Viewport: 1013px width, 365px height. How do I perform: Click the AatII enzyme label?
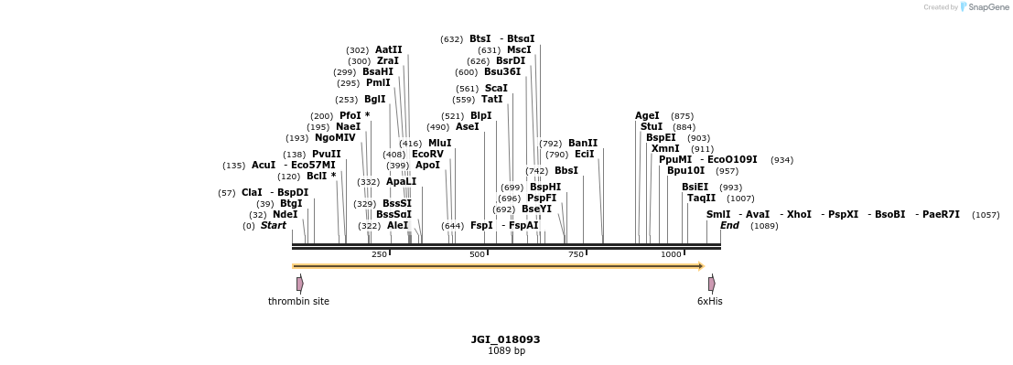[388, 50]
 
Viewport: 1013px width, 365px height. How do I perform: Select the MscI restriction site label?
[519, 50]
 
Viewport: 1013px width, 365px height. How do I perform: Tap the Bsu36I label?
[502, 72]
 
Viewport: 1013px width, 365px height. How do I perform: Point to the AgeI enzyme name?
[647, 116]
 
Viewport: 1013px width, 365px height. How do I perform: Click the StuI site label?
[652, 127]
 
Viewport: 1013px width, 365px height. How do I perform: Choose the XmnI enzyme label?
[665, 149]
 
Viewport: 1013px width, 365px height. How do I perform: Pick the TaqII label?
[701, 199]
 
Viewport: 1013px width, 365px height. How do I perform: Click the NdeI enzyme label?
[285, 215]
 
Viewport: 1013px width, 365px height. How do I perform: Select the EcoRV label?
[427, 155]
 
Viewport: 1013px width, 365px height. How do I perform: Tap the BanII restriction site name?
[583, 144]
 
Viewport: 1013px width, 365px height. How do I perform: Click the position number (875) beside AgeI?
[682, 117]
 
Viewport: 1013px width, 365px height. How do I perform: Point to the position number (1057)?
[986, 215]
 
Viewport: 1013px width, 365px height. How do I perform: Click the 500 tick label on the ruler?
[477, 254]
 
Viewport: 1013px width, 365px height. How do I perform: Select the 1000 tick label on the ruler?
[671, 254]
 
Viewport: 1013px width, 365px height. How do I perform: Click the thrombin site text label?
[298, 301]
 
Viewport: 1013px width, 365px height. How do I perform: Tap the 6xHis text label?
[709, 301]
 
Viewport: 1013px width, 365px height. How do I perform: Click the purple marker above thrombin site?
[299, 284]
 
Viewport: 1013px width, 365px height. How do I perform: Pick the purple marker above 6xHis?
[711, 284]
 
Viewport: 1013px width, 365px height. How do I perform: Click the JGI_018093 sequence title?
[505, 339]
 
